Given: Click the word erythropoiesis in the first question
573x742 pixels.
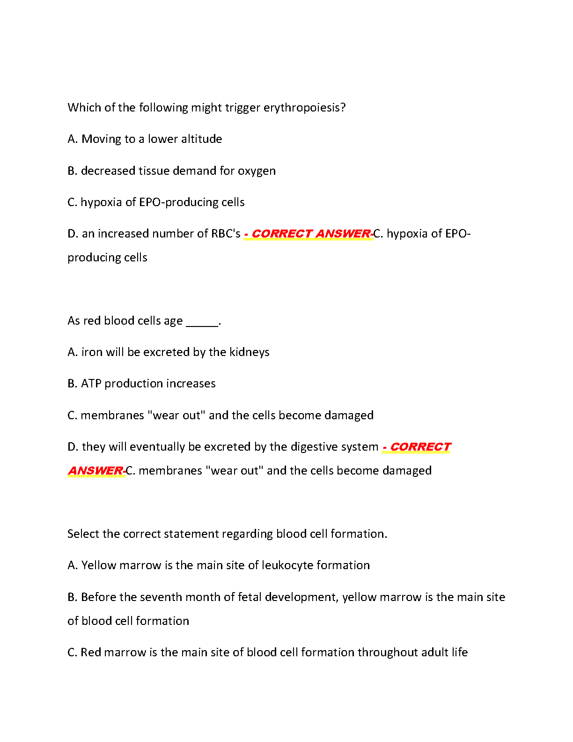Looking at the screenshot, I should click(304, 108).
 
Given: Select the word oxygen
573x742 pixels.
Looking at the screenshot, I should click(257, 171).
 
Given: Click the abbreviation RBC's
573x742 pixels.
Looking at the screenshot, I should click(226, 234).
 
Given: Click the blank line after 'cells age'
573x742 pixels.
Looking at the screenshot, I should click(202, 321).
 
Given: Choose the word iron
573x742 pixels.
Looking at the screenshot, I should click(92, 352).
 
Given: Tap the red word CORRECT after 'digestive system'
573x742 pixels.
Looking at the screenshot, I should click(420, 447).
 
